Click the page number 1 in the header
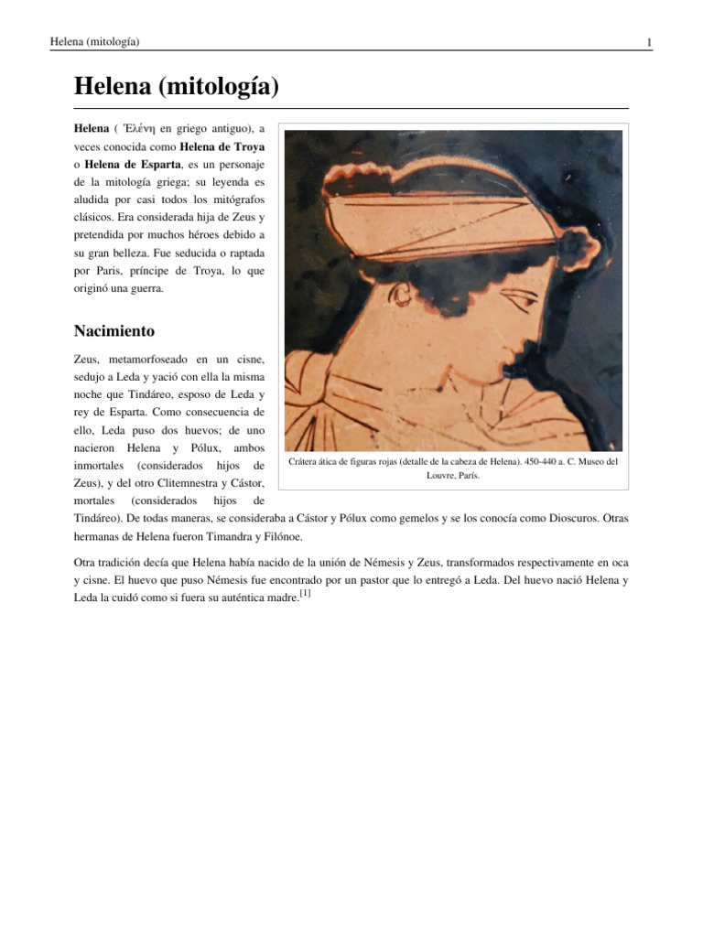(x=648, y=42)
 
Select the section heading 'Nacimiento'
(x=114, y=330)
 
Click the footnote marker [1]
(x=305, y=594)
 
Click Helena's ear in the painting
(x=400, y=293)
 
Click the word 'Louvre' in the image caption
(x=443, y=476)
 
